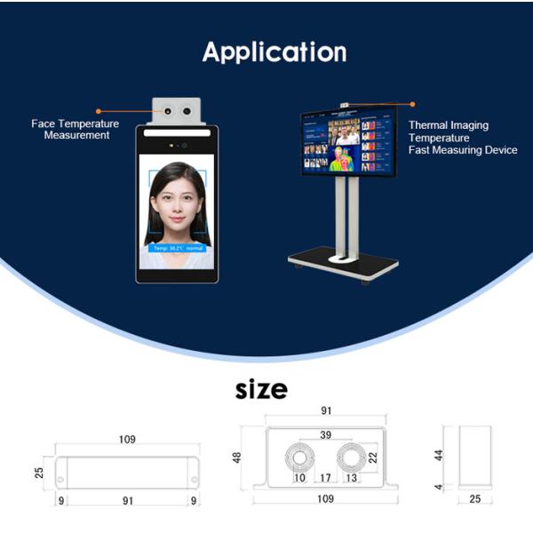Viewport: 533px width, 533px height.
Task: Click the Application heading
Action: click(274, 52)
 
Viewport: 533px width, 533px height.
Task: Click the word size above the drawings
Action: click(261, 390)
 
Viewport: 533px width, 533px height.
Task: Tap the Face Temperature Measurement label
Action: click(75, 130)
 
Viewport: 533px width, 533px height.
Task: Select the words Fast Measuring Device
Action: click(462, 151)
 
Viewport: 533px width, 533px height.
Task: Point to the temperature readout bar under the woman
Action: click(178, 249)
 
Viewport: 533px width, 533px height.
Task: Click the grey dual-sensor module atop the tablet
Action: click(177, 113)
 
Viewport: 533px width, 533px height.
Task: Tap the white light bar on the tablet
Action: click(178, 133)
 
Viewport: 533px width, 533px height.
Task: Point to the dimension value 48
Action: click(238, 456)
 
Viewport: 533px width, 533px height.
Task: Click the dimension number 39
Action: click(325, 435)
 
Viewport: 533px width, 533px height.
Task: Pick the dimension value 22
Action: click(373, 457)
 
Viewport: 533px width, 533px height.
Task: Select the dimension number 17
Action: click(325, 478)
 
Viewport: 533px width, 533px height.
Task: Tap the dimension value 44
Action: click(439, 456)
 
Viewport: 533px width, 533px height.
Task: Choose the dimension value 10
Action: click(299, 478)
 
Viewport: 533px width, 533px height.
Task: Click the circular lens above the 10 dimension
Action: click(298, 457)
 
